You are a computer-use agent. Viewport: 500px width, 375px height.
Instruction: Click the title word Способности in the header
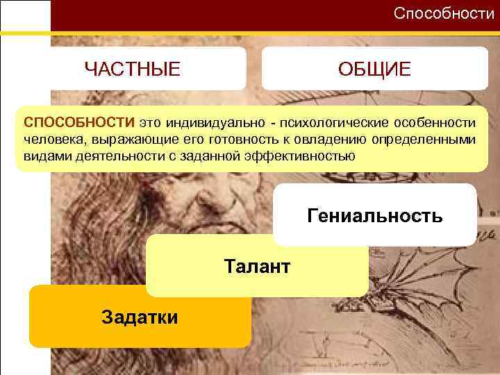[x=444, y=13]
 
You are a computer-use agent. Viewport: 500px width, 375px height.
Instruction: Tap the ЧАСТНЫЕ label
[x=132, y=69]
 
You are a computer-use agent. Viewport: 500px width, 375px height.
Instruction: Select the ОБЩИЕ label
[x=374, y=69]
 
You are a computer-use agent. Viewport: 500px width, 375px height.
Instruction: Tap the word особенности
[x=435, y=123]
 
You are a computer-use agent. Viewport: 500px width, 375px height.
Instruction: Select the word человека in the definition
[x=49, y=140]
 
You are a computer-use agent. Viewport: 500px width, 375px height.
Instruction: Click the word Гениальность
[x=374, y=215]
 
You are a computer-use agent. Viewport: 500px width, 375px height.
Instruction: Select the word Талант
[x=257, y=266]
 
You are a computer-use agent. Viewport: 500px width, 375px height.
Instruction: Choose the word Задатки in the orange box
[x=140, y=317]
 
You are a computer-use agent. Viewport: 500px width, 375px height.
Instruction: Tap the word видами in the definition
[x=40, y=156]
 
